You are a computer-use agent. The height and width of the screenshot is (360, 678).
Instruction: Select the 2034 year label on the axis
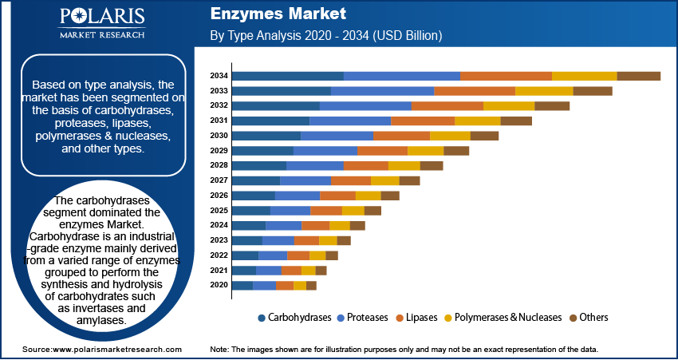pyautogui.click(x=219, y=76)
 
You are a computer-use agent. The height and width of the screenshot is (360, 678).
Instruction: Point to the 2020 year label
pyautogui.click(x=219, y=285)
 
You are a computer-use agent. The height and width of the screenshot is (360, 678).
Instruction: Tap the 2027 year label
pyautogui.click(x=219, y=180)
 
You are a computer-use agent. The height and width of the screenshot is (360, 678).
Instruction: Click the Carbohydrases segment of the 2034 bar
pyautogui.click(x=288, y=76)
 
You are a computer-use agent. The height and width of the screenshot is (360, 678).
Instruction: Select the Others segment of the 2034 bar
pyautogui.click(x=638, y=76)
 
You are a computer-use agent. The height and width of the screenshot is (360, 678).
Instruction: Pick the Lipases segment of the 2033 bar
pyautogui.click(x=475, y=91)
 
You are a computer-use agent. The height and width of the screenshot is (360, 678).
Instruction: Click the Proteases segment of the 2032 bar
pyautogui.click(x=365, y=105)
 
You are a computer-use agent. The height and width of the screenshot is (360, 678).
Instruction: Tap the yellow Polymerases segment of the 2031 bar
pyautogui.click(x=477, y=121)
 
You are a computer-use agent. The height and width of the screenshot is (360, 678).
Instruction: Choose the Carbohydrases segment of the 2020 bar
pyautogui.click(x=242, y=285)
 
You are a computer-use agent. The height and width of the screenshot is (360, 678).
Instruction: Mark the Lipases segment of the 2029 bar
pyautogui.click(x=382, y=151)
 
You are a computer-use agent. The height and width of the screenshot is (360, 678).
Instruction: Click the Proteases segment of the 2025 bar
pyautogui.click(x=290, y=210)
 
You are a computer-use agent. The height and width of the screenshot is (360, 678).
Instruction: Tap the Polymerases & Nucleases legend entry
pyautogui.click(x=508, y=318)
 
